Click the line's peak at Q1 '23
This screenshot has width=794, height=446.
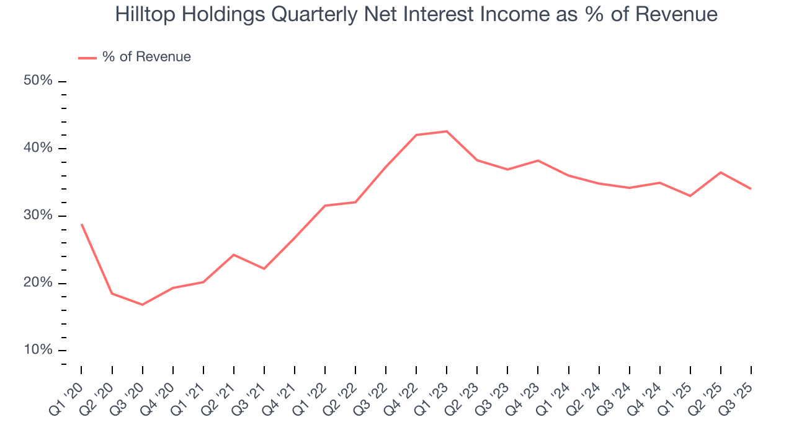(x=447, y=131)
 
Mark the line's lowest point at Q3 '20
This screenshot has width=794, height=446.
(x=142, y=305)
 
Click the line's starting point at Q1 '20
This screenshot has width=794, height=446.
(x=81, y=224)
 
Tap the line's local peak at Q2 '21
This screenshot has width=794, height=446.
(x=233, y=255)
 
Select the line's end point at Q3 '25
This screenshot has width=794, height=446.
(x=751, y=188)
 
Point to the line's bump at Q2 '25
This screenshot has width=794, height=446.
(x=720, y=172)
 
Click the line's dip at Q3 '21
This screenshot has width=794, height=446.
(x=264, y=268)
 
